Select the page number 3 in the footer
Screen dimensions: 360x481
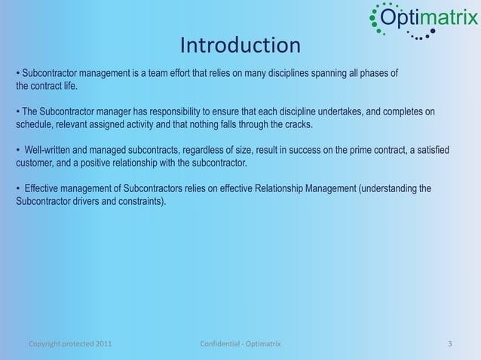click(x=449, y=344)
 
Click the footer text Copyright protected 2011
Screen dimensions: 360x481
click(x=71, y=344)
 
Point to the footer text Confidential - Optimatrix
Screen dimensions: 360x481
click(x=240, y=344)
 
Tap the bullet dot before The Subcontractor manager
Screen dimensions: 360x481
click(x=18, y=112)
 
